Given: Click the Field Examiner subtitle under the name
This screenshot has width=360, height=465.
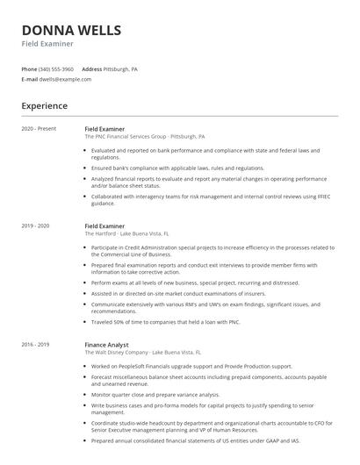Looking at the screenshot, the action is [47, 44].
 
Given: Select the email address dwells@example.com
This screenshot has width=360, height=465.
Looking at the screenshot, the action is [65, 79].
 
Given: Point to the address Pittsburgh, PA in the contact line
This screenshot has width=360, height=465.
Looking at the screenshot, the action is [121, 68].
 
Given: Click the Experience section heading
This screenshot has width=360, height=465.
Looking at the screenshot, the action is [44, 106].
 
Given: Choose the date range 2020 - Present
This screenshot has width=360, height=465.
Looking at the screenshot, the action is [39, 129].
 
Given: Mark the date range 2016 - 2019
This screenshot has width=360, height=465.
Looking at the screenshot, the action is [35, 320].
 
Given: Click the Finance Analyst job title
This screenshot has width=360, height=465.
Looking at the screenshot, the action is [106, 320].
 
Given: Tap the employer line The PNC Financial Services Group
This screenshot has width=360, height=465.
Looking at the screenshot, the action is [145, 137].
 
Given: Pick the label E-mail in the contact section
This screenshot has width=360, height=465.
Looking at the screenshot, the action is [29, 79].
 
